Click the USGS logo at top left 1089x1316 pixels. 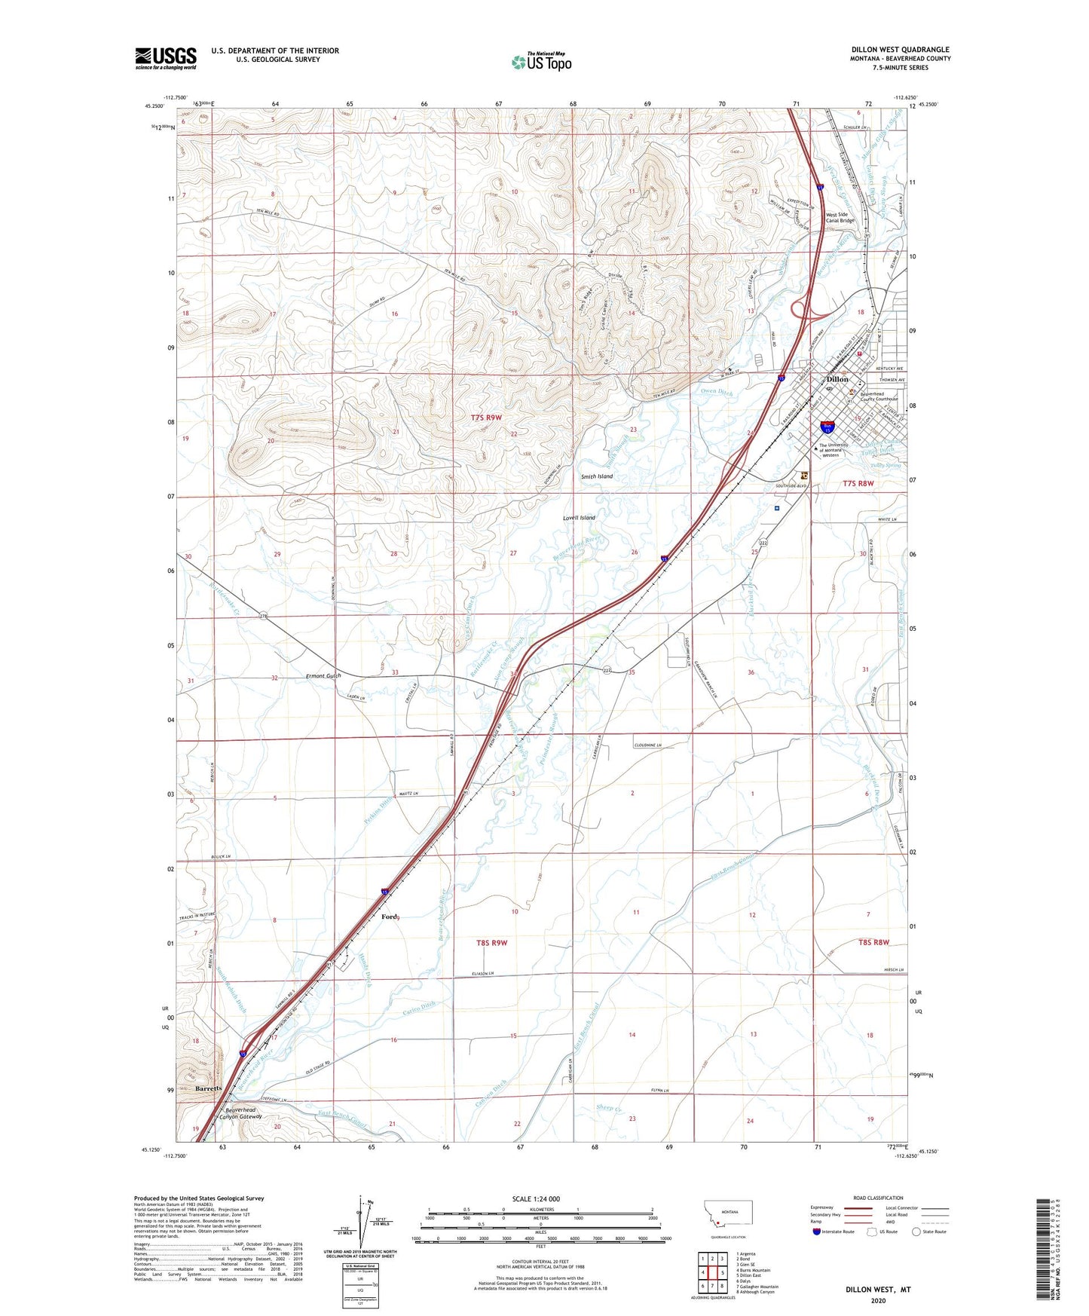[165, 58]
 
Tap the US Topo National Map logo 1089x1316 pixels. [540, 61]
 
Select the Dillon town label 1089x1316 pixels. [837, 379]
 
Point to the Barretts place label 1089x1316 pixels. [208, 1089]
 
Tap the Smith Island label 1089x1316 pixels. [596, 476]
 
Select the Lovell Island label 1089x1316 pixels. [579, 518]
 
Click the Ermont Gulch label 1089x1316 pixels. [323, 675]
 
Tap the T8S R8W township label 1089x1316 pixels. [874, 942]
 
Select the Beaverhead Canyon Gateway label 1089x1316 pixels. [240, 1113]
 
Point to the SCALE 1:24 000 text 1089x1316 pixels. [535, 1198]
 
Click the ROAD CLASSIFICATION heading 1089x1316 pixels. [878, 1198]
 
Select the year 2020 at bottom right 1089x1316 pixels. [878, 1300]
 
